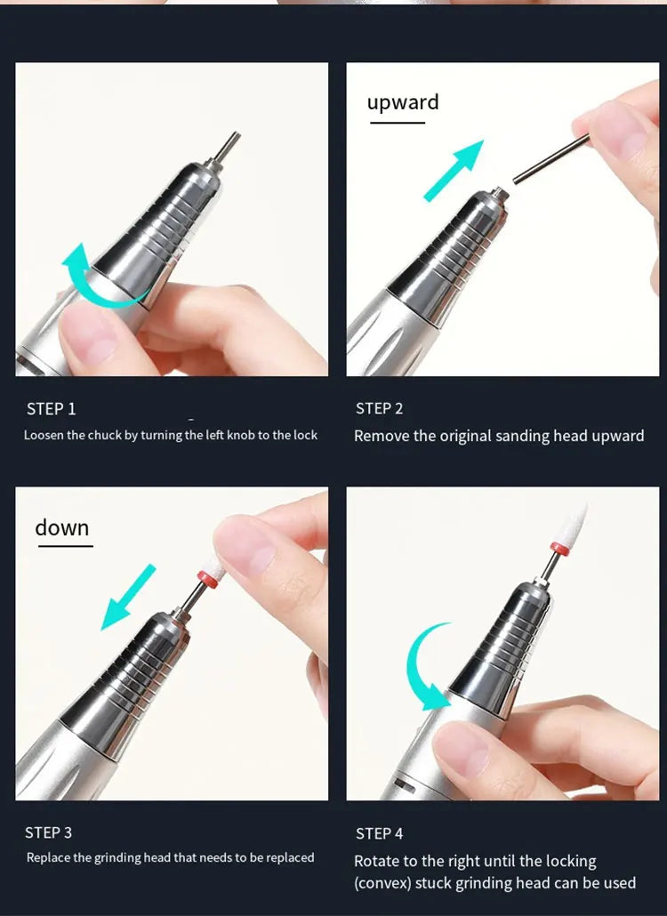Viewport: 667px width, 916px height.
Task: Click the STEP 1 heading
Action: click(51, 409)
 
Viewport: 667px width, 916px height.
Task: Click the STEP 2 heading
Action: click(379, 408)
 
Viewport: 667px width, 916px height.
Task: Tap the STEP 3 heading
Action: click(48, 832)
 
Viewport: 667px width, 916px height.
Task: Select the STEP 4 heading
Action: click(379, 833)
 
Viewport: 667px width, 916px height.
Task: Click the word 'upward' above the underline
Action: click(402, 103)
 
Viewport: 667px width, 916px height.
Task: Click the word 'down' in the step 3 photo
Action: click(62, 527)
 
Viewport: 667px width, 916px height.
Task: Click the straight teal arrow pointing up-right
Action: click(454, 171)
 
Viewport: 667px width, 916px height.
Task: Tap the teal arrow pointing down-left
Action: click(128, 597)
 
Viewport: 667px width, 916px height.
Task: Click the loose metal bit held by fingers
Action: click(551, 158)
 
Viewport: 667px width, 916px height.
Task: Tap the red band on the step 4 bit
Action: click(559, 548)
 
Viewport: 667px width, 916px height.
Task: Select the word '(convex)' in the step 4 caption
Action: click(382, 883)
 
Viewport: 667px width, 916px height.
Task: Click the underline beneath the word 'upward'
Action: click(398, 123)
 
